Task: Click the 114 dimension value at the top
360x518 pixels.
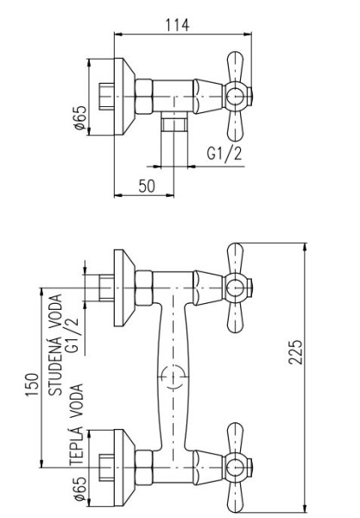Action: (177, 25)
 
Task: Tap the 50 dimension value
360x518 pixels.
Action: (146, 186)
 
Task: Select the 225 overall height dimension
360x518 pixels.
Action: (295, 352)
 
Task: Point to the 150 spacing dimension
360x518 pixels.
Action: (32, 384)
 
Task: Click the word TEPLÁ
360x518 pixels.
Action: (76, 445)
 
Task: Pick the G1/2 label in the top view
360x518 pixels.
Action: (224, 154)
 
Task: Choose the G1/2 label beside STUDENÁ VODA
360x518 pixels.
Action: (73, 334)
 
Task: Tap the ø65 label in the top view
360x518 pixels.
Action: (80, 117)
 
